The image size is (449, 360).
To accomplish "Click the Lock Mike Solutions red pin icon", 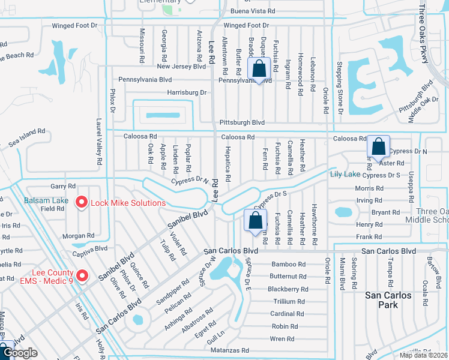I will coord(82,203).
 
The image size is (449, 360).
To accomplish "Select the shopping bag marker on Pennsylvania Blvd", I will coord(259,70).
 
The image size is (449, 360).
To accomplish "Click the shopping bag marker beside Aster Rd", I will coord(378,147).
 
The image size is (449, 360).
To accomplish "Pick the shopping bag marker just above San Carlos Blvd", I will coord(255,220).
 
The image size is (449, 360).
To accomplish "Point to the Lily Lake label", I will coord(345,175).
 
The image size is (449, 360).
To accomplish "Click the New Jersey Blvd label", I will coord(181,66).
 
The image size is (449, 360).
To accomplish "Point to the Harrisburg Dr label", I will coord(186,92).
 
